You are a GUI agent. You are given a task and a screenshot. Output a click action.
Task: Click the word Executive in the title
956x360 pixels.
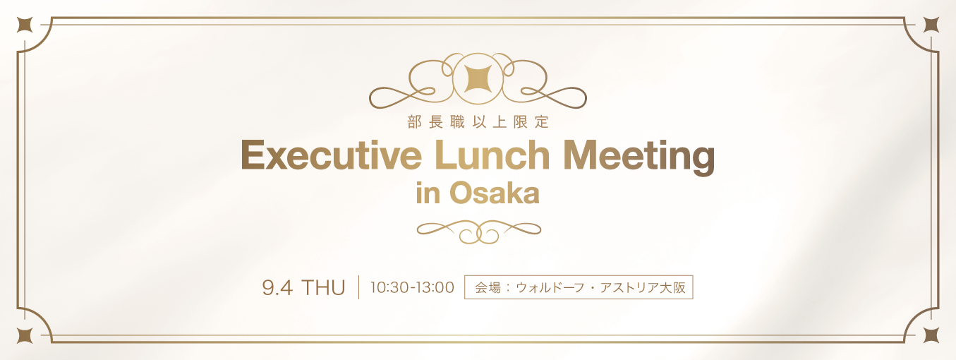click(331, 155)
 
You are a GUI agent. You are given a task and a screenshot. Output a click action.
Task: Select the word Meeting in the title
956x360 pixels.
click(639, 158)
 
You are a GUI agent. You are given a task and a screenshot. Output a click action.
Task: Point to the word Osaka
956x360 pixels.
click(494, 193)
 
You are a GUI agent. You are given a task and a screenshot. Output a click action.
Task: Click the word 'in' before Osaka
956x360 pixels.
click(428, 193)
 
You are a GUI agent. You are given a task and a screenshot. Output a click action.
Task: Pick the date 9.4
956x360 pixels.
click(277, 288)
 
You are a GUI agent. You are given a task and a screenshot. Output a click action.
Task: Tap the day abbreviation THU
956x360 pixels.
click(324, 288)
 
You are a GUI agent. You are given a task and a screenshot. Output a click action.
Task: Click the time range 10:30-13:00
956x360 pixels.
click(412, 287)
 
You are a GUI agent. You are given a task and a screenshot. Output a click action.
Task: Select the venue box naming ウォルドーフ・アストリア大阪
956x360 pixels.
click(579, 287)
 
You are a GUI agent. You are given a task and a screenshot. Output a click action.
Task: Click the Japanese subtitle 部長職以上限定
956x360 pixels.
click(478, 122)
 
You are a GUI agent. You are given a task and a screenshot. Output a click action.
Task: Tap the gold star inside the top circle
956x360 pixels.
click(478, 79)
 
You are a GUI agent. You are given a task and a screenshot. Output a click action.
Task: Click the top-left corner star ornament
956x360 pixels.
click(25, 25)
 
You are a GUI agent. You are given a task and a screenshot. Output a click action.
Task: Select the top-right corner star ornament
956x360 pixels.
click(931, 25)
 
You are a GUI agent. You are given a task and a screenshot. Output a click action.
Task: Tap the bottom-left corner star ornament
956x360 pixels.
click(25, 336)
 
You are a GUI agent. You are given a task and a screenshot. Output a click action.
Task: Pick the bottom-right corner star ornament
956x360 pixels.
click(931, 336)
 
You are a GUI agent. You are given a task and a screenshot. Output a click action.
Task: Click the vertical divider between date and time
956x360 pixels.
click(358, 287)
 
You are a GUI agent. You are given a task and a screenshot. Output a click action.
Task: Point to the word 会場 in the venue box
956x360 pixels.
click(488, 288)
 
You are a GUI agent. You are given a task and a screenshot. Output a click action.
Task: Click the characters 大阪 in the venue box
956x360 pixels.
click(672, 288)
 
